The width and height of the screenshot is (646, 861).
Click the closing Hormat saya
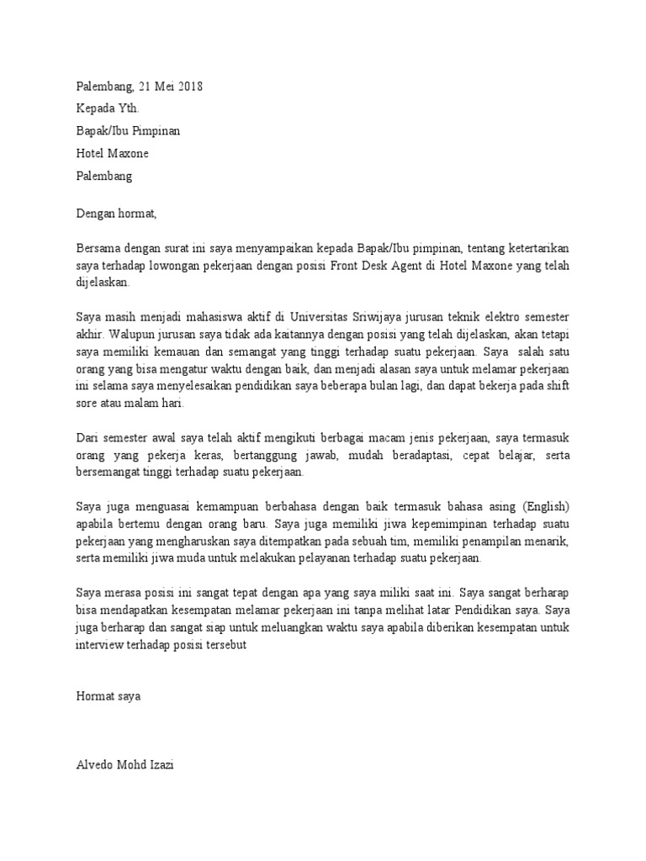(109, 697)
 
